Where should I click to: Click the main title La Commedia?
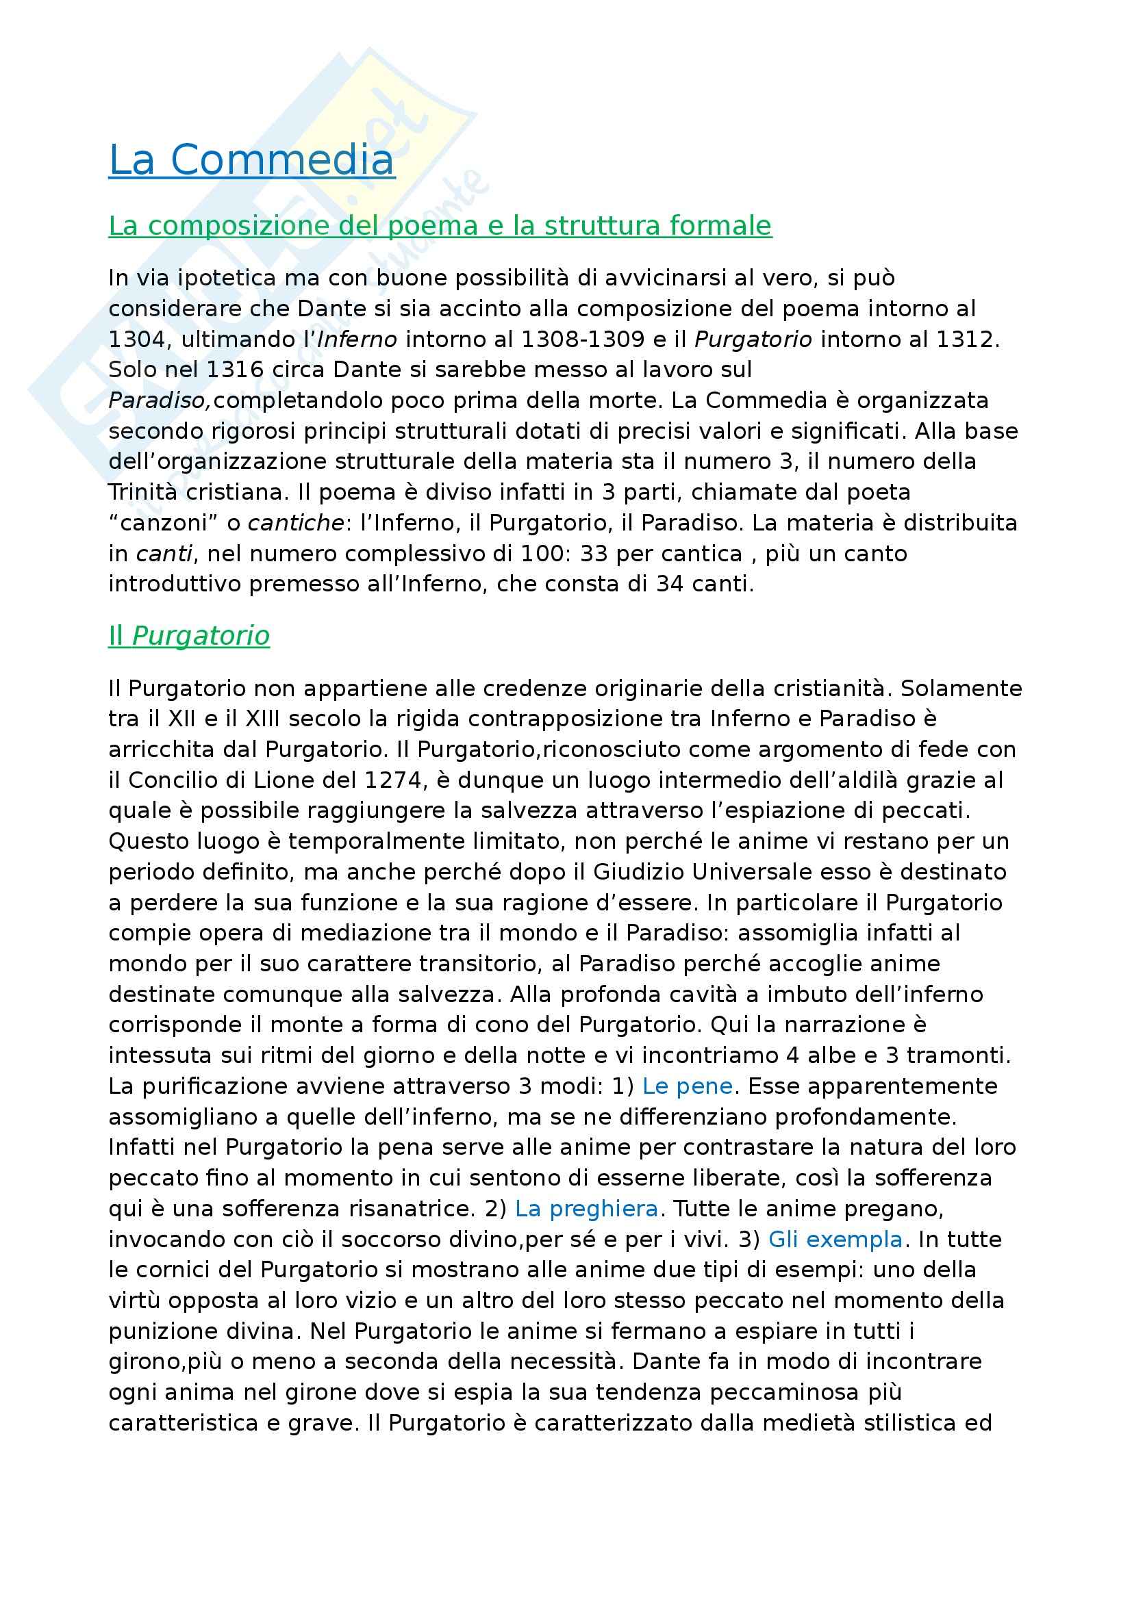pyautogui.click(x=252, y=160)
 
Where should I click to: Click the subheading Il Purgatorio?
pyautogui.click(x=189, y=635)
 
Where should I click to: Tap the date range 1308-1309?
pyautogui.click(x=583, y=340)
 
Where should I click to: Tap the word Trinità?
pyautogui.click(x=142, y=492)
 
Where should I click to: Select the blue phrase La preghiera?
pyautogui.click(x=587, y=1208)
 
